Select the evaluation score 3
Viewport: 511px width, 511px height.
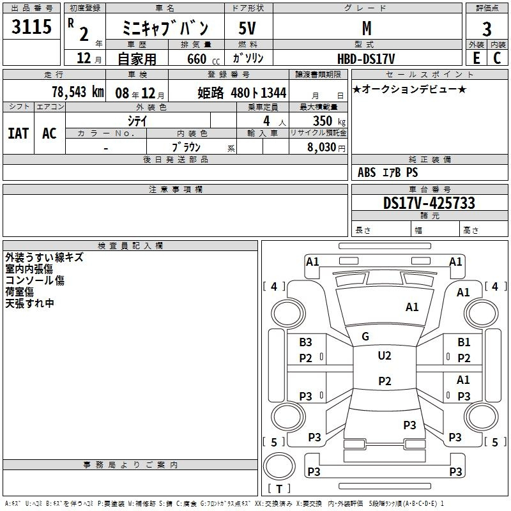tap(487, 29)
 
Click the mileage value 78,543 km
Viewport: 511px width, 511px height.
tap(77, 92)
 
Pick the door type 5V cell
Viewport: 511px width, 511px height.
tap(248, 28)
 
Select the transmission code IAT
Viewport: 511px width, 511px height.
tap(19, 133)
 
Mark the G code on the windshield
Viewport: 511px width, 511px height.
tap(365, 337)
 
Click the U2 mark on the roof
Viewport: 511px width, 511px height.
tap(385, 356)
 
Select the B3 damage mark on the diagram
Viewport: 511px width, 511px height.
tap(306, 343)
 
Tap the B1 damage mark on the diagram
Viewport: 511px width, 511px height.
tap(464, 343)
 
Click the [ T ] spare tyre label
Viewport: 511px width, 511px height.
tap(279, 489)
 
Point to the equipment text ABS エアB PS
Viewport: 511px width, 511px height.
tap(388, 172)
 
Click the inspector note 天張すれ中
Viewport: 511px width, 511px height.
tap(30, 303)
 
